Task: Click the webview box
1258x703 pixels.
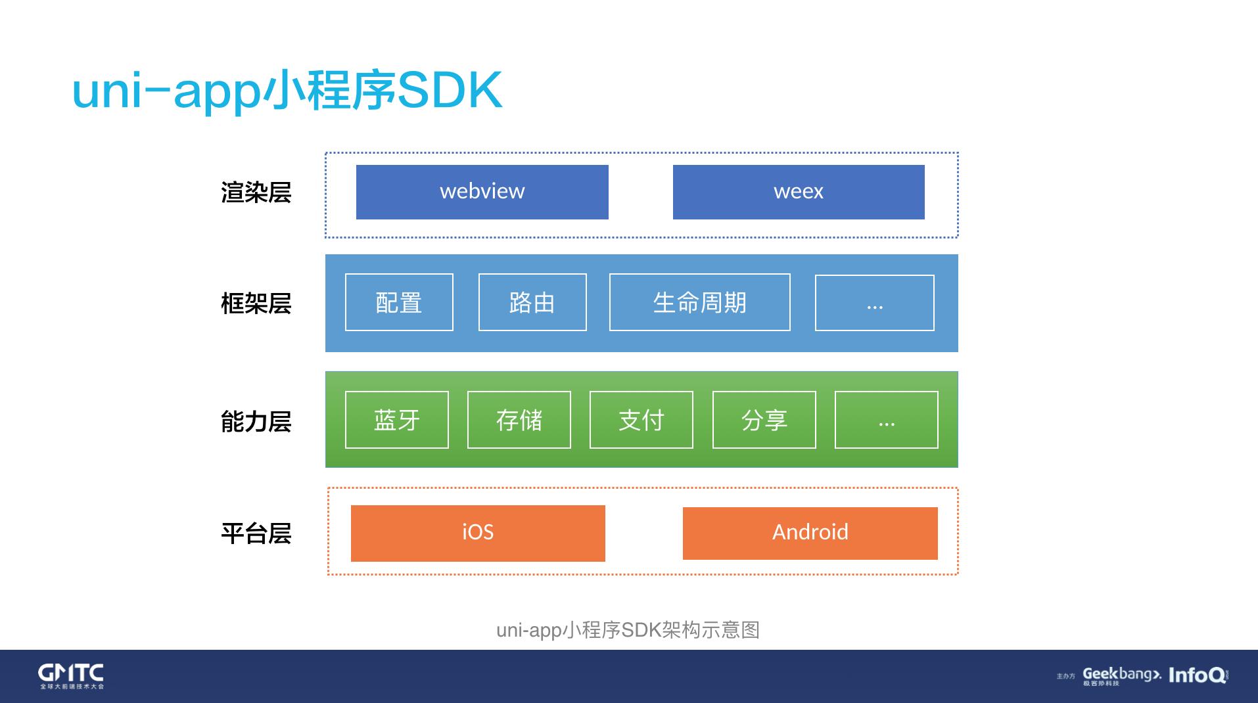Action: tap(482, 192)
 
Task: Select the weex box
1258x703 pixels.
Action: tap(798, 192)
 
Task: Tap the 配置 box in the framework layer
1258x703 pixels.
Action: tap(399, 302)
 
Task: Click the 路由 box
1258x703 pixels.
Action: tap(532, 302)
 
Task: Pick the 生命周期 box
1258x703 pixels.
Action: tap(699, 302)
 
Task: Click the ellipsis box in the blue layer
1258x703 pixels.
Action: tap(874, 303)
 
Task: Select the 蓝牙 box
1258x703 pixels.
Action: tap(396, 420)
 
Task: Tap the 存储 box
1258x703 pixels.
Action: tap(519, 420)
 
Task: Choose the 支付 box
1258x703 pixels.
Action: tap(641, 420)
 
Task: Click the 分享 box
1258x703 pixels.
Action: tap(764, 420)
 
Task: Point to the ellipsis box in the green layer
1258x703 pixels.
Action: tap(886, 420)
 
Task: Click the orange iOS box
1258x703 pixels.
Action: tap(478, 533)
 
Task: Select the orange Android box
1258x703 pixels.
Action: tap(810, 533)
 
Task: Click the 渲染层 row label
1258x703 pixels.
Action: tap(256, 193)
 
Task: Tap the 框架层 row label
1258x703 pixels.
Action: tap(256, 304)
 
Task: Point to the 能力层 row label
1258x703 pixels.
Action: tap(256, 421)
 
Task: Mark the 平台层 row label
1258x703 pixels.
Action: tap(256, 533)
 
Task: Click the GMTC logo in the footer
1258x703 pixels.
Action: tap(71, 675)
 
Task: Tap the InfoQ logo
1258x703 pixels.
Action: tap(1197, 675)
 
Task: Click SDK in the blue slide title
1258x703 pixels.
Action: tap(450, 91)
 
